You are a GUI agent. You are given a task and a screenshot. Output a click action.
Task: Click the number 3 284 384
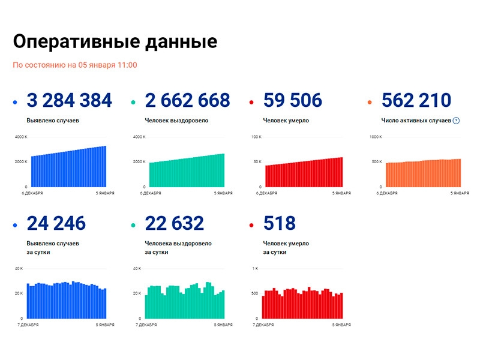coord(70,101)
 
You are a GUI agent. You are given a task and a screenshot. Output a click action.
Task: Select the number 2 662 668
coord(187,101)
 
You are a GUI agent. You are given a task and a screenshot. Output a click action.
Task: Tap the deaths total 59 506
coord(292,101)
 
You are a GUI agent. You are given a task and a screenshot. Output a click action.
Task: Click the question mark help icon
coord(456,121)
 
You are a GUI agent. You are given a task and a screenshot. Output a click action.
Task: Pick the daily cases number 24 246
coord(56,224)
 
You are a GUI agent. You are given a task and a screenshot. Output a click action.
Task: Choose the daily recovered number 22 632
coord(174,224)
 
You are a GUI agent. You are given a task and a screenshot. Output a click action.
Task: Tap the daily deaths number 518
coord(279,224)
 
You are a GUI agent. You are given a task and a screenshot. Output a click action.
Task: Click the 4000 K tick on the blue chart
coord(21,137)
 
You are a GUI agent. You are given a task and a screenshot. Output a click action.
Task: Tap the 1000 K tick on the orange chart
coord(376,137)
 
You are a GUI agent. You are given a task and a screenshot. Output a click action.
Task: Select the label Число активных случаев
coord(416,121)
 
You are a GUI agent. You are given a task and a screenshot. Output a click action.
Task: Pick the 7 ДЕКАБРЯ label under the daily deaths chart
coord(263,325)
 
